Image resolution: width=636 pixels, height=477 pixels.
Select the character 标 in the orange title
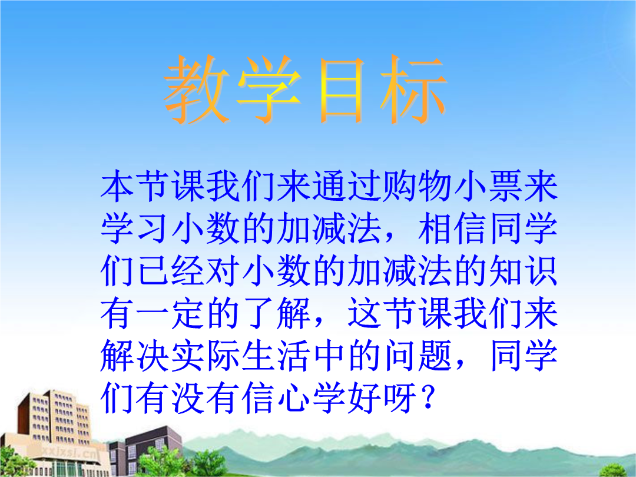point(414,90)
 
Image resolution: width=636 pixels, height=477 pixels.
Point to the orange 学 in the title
point(269,90)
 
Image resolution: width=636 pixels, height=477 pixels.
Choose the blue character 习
point(153,229)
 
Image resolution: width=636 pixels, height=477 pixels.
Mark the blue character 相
point(435,229)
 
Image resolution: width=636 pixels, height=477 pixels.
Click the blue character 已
point(153,271)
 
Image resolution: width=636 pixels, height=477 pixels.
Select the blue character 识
point(541,271)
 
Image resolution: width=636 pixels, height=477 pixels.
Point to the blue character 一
point(153,313)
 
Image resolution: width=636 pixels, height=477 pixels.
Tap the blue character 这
point(365,313)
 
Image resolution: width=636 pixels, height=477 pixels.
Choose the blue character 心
point(294,397)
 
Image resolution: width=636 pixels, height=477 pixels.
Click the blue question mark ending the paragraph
point(428,397)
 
